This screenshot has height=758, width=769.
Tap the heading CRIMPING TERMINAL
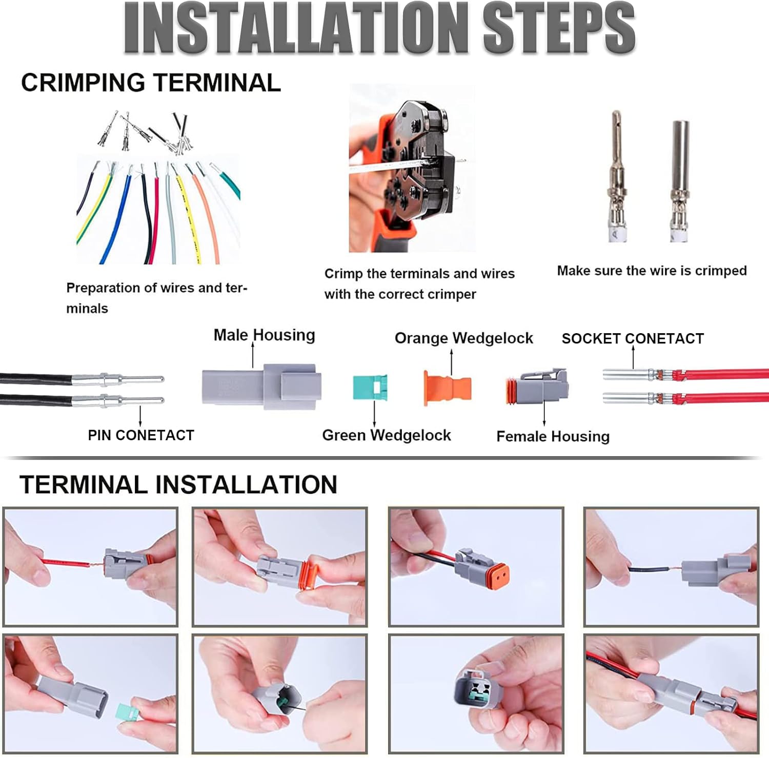coord(151,83)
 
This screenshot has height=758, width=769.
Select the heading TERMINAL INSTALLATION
coord(178,484)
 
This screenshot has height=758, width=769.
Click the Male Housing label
coord(264,335)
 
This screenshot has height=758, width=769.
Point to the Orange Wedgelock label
coord(464,338)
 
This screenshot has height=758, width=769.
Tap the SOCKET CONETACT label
coord(633,338)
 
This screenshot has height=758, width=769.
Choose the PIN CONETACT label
coord(141,435)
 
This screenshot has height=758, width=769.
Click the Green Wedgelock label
coord(387,435)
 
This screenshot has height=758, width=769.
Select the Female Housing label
coord(553,436)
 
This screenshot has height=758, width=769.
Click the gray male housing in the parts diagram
coord(261,386)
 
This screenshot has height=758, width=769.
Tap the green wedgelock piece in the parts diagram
coord(370,388)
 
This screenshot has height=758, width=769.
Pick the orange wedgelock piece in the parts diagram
coord(447,388)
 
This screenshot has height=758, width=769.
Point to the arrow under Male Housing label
coord(253,355)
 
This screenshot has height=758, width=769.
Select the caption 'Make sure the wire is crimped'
coord(652,271)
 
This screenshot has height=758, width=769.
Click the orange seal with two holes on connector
coord(498,577)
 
